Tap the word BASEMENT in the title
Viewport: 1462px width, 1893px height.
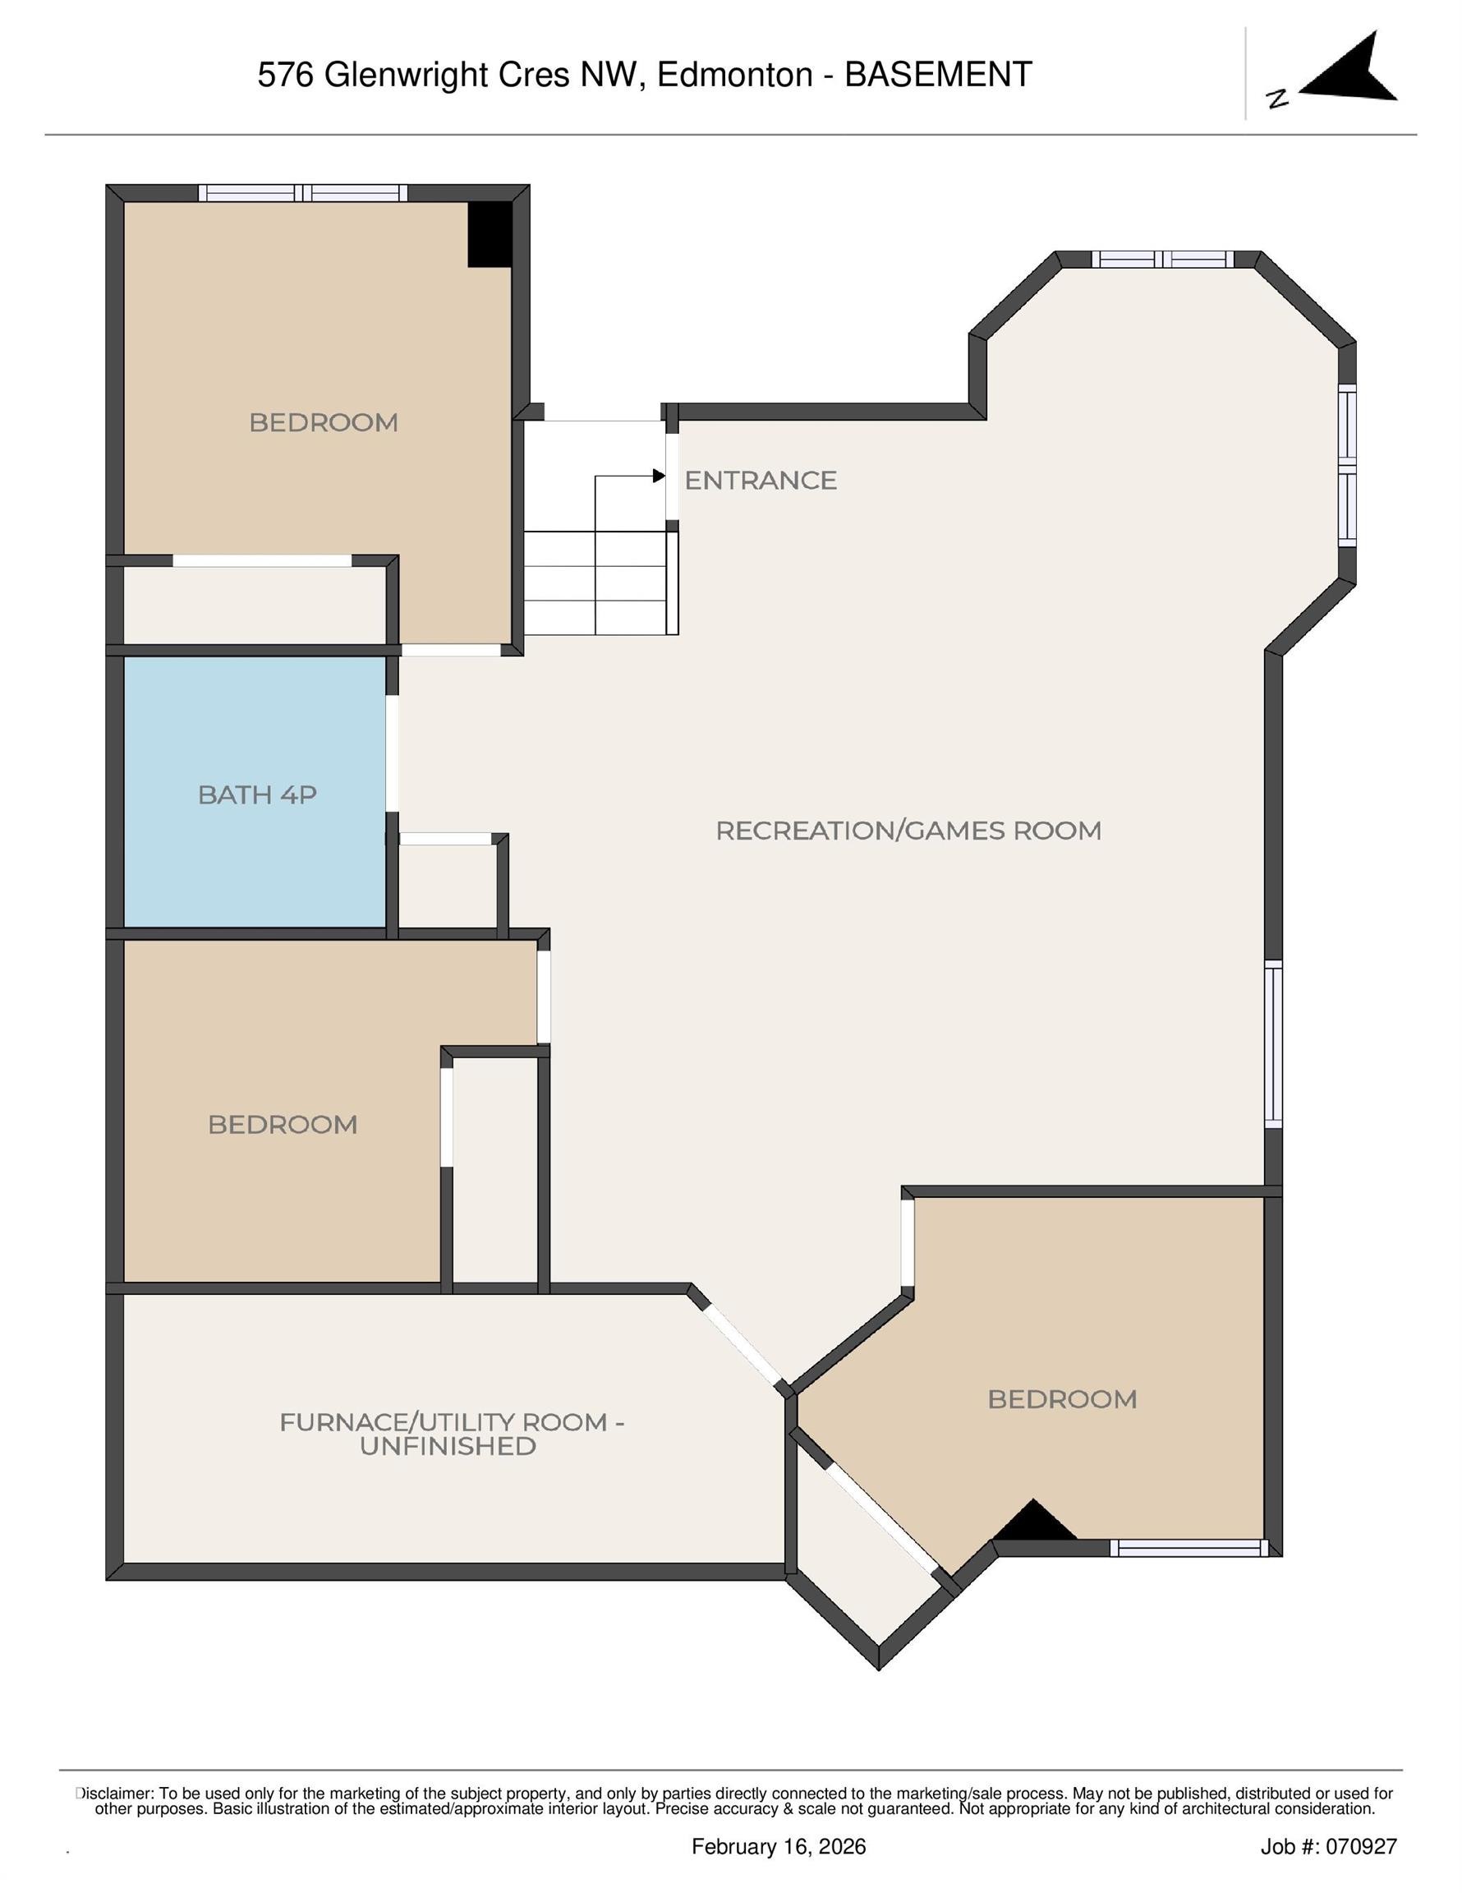[x=938, y=75]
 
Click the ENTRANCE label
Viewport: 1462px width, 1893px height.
[x=760, y=480]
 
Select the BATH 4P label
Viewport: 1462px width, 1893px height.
[x=256, y=794]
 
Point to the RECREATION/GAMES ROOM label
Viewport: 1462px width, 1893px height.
[x=908, y=831]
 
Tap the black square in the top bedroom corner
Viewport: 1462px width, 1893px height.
[x=490, y=234]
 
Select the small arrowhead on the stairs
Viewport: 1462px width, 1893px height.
[x=659, y=476]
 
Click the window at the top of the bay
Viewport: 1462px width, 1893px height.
[x=1161, y=259]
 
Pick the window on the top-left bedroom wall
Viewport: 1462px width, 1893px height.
[x=302, y=193]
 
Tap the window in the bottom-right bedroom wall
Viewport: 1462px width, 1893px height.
[x=1188, y=1548]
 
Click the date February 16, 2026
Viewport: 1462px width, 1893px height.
[x=779, y=1846]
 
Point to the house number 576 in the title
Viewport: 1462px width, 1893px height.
[x=285, y=75]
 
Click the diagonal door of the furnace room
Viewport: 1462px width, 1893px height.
[x=742, y=1344]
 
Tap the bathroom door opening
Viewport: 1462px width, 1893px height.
[x=392, y=753]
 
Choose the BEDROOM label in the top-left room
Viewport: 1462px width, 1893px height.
[x=324, y=422]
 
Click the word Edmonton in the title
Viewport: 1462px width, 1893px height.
[x=734, y=75]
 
